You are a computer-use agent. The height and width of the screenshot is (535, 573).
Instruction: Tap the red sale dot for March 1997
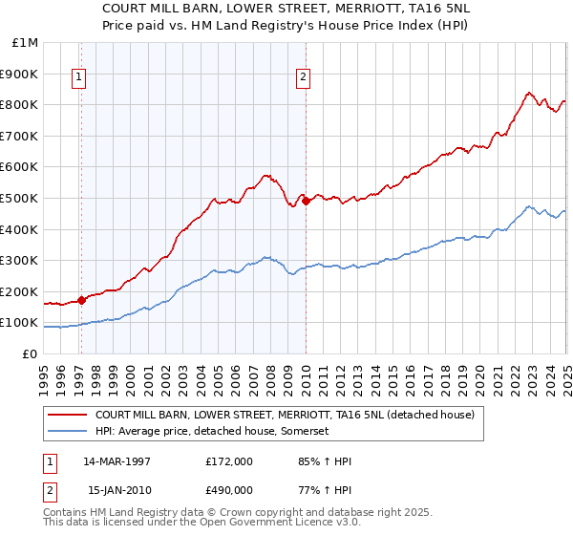pos(81,299)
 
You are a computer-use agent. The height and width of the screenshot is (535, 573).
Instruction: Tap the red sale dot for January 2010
pos(306,201)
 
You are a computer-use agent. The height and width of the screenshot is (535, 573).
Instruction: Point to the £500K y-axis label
pos(19,198)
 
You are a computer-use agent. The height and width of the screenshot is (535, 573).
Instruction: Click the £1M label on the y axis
pos(26,43)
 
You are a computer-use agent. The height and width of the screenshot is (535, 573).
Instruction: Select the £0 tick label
pos(31,353)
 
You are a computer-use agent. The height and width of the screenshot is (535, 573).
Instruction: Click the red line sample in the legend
pos(67,415)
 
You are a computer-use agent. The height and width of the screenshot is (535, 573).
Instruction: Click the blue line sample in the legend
pos(67,430)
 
